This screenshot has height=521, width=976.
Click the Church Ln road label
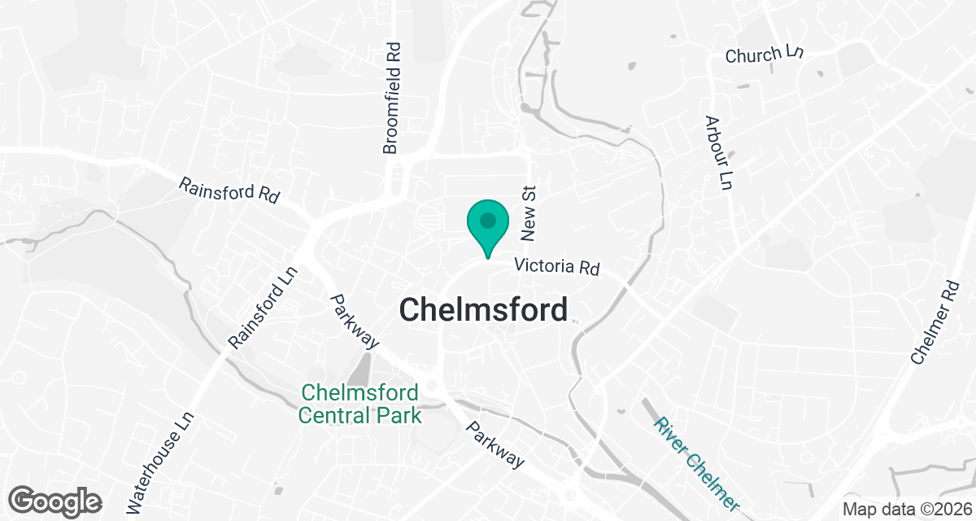click(x=765, y=55)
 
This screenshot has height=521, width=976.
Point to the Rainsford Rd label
click(x=229, y=190)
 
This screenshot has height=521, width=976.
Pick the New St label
click(x=530, y=212)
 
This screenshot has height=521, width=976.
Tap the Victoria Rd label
click(x=557, y=267)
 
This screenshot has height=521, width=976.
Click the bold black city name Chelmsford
click(x=483, y=310)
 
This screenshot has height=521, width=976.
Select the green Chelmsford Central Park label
click(x=359, y=404)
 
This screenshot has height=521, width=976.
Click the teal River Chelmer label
click(x=698, y=464)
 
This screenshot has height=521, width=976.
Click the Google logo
click(x=55, y=500)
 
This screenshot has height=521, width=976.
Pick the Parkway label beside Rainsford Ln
click(x=355, y=322)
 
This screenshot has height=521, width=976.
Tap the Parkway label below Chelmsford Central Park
click(x=495, y=444)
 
